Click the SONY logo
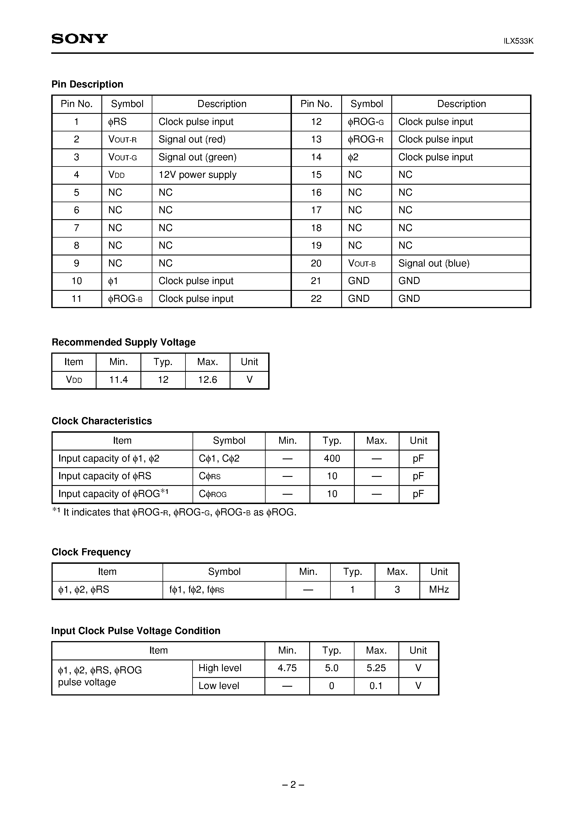(79, 39)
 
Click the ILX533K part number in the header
(518, 41)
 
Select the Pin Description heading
(87, 84)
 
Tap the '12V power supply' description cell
(197, 175)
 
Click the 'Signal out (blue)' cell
(434, 263)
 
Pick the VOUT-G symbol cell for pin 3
(123, 157)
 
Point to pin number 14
(316, 157)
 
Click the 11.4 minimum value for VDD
(118, 380)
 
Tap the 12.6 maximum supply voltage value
(207, 380)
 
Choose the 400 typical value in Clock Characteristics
(332, 458)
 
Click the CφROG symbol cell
(213, 494)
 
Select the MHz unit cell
(439, 590)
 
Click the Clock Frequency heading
(91, 552)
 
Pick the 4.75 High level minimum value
(287, 668)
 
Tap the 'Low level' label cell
(219, 686)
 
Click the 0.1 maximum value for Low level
(376, 686)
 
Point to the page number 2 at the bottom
(293, 785)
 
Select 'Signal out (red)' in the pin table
(192, 140)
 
